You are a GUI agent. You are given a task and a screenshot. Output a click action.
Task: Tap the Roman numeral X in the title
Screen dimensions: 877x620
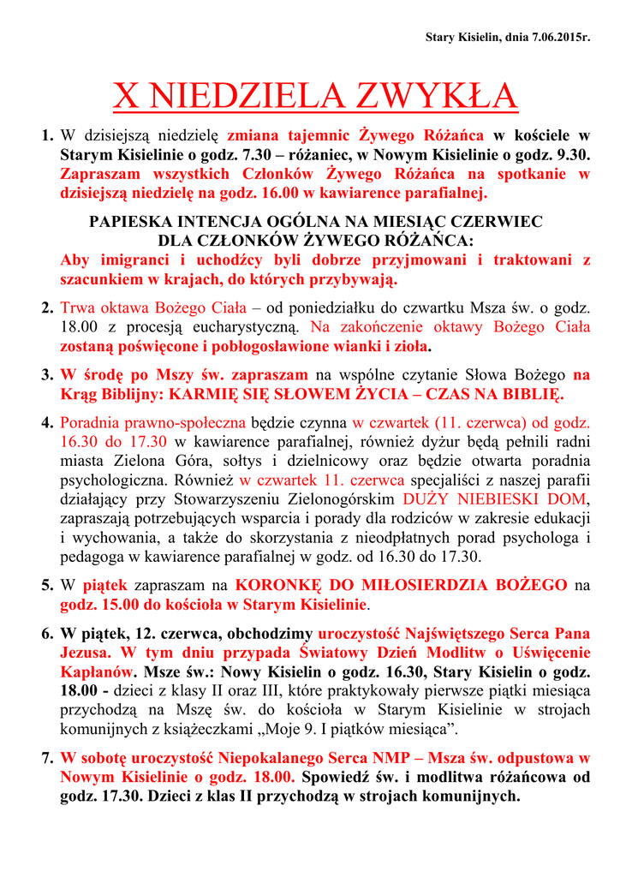coord(125,97)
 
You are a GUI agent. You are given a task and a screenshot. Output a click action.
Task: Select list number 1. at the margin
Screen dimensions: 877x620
coord(48,135)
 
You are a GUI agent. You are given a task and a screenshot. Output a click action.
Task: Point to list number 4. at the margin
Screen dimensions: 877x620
coord(48,422)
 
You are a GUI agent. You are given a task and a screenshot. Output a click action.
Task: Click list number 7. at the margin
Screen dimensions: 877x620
coord(48,758)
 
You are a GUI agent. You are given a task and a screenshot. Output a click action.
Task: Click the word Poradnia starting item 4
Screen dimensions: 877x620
coord(90,422)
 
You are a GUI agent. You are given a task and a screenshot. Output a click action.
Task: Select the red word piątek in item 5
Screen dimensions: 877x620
coord(104,586)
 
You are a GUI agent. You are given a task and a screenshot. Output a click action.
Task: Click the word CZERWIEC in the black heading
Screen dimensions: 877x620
coord(498,222)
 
